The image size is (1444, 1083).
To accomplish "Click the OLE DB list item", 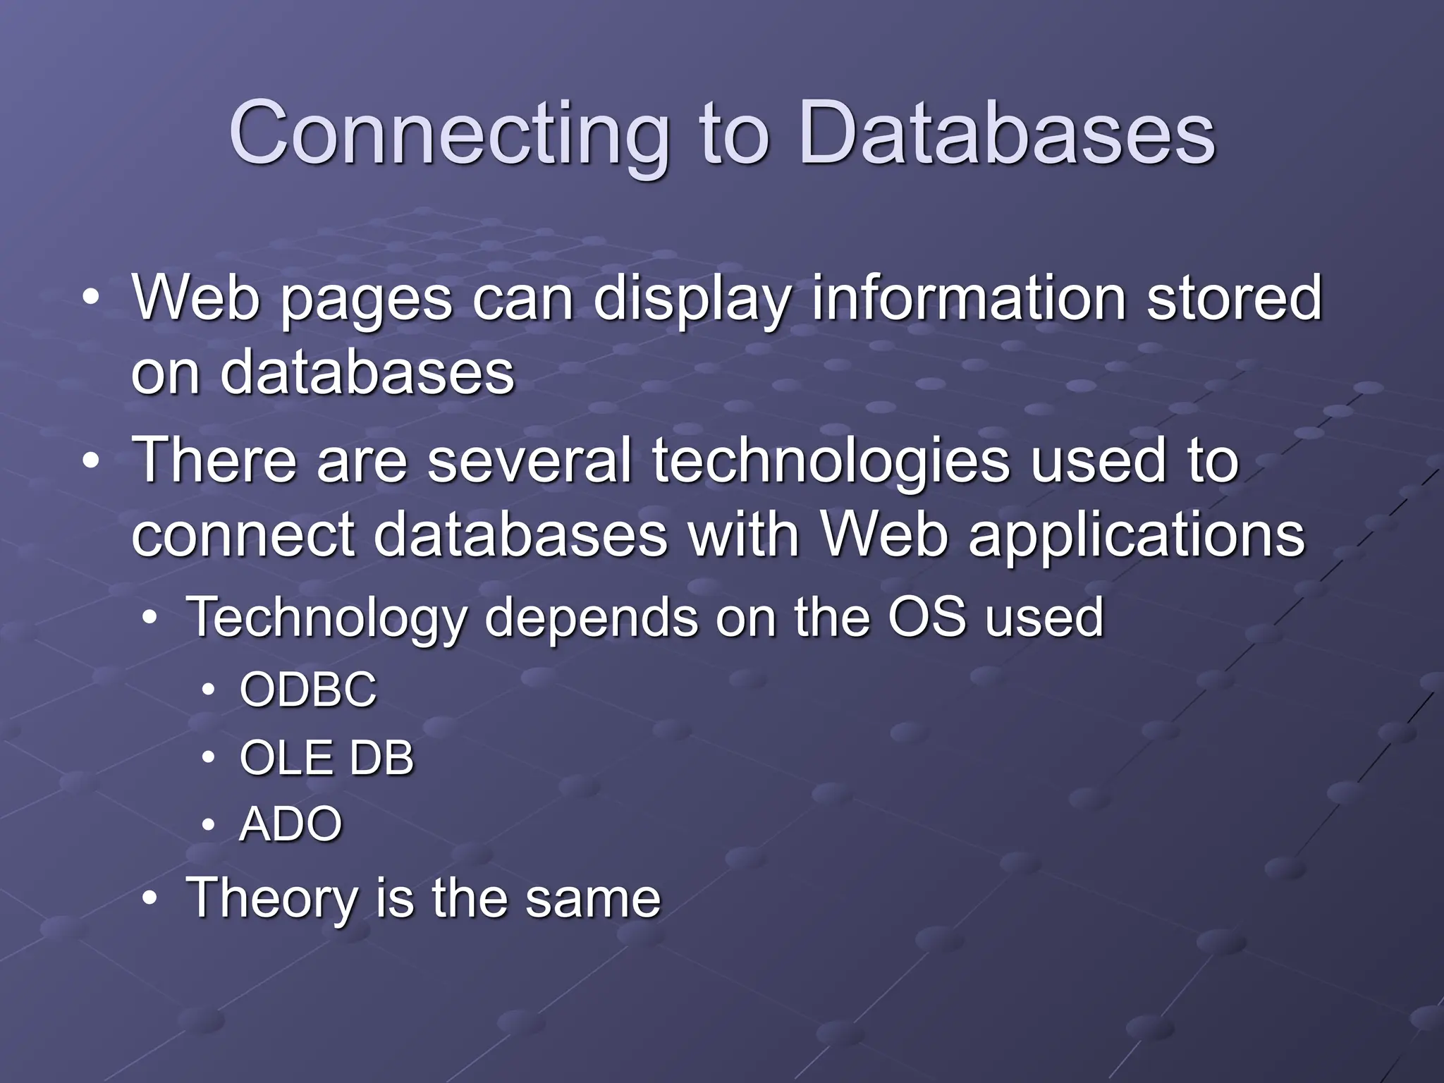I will pyautogui.click(x=326, y=759).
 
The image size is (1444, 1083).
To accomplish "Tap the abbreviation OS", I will pyautogui.click(x=926, y=616).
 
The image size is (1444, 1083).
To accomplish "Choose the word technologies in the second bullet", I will pyautogui.click(x=830, y=461).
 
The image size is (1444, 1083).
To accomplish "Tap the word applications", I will pyautogui.click(x=1137, y=534).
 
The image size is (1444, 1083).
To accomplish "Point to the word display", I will pyautogui.click(x=690, y=300).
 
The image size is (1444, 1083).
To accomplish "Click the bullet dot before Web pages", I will pyautogui.click(x=90, y=299).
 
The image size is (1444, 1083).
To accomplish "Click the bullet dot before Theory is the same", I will pyautogui.click(x=149, y=899).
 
